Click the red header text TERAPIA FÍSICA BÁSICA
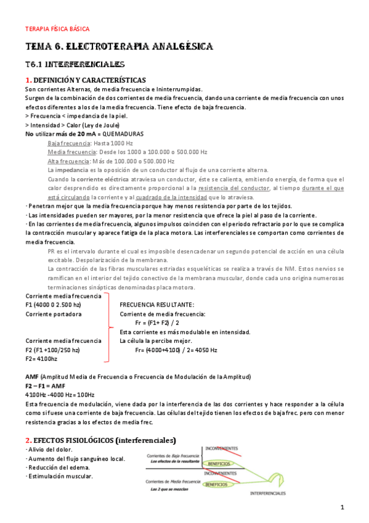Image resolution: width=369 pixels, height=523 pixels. [57, 28]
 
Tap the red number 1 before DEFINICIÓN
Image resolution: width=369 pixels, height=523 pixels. [28, 80]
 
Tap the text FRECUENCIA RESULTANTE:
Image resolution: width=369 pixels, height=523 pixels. [157, 305]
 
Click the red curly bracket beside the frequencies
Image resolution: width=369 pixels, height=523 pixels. [109, 327]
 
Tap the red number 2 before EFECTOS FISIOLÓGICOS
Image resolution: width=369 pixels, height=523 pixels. [28, 440]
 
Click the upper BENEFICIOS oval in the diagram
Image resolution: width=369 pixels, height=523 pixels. [219, 463]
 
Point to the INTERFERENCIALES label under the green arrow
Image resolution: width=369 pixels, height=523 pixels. [268, 494]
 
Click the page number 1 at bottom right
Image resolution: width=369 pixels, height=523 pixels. [342, 507]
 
